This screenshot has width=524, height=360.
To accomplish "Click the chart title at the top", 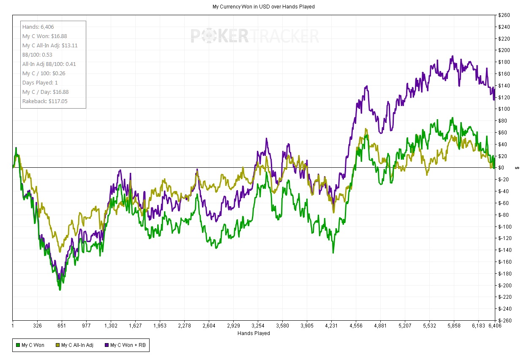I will [x=263, y=7].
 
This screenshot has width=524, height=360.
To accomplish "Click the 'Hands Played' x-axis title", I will [x=254, y=333].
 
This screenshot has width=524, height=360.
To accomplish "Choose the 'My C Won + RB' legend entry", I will [x=126, y=345].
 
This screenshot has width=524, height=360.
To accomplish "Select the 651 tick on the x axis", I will [x=62, y=326].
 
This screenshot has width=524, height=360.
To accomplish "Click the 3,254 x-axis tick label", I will [x=258, y=326].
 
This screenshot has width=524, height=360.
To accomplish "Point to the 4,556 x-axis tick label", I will [x=356, y=326].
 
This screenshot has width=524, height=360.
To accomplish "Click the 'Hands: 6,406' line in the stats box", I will [x=38, y=27].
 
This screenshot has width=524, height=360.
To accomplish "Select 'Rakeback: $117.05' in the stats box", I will [x=45, y=101].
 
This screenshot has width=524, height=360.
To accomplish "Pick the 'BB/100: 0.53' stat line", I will [x=37, y=55].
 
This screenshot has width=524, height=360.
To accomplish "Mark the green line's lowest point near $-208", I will [x=60, y=290].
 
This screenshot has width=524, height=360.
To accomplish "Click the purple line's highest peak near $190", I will [x=453, y=56].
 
